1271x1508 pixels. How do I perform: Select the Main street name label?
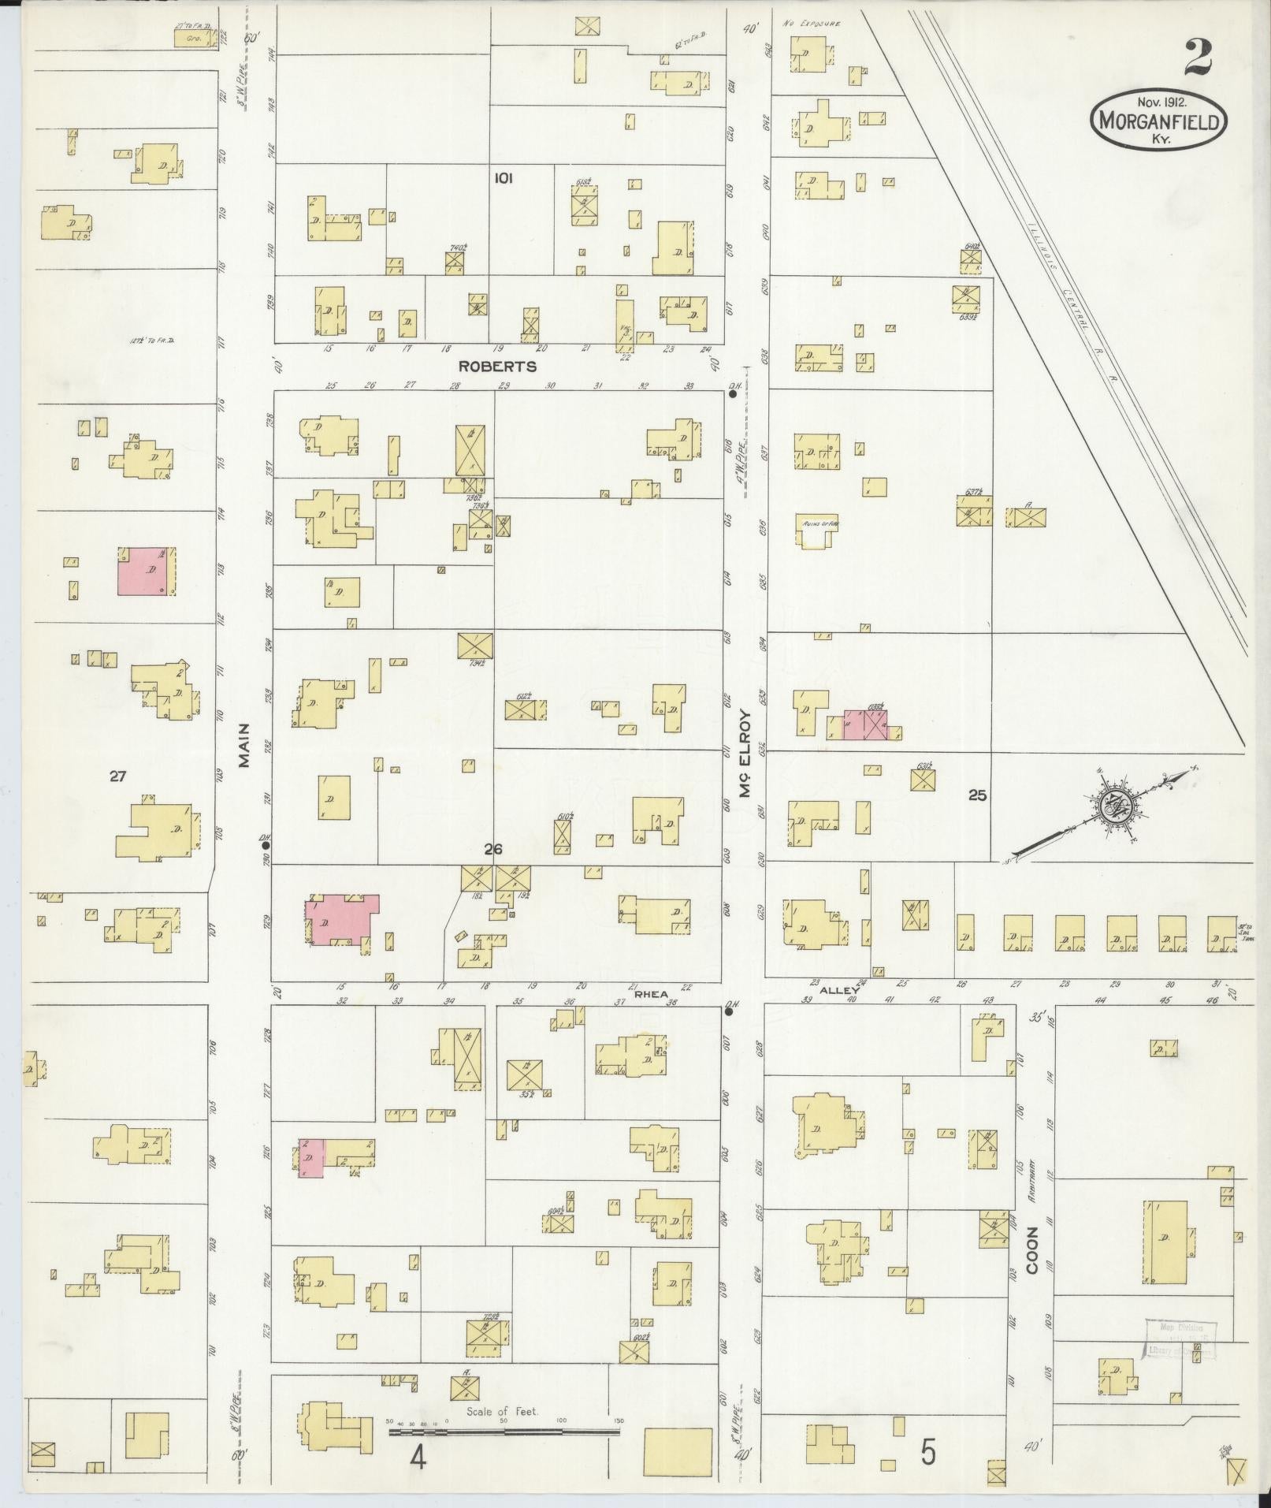coord(244,745)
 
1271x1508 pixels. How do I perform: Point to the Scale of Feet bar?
coord(504,1430)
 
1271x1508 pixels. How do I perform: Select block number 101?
coord(503,179)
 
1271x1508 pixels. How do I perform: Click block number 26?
coord(493,849)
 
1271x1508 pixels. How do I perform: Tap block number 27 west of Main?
coord(117,776)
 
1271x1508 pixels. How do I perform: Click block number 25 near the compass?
coord(977,795)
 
